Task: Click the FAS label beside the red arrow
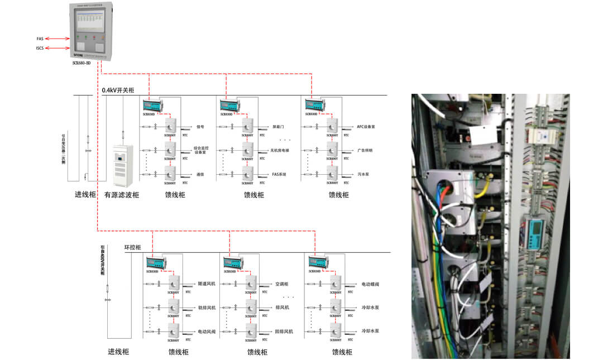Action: point(40,39)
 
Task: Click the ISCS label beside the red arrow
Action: point(40,49)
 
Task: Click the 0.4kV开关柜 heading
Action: point(118,90)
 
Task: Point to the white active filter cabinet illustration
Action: point(122,166)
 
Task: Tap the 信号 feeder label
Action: point(200,127)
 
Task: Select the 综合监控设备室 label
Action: point(200,151)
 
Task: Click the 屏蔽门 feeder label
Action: point(278,127)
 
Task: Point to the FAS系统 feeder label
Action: point(279,175)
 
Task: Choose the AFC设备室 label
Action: point(366,127)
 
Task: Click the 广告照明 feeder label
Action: point(365,151)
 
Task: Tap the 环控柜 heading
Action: point(132,247)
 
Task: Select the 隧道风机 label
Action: point(207,284)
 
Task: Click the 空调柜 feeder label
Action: point(281,284)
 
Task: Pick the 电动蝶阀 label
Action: point(371,284)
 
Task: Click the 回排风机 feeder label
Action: point(284,332)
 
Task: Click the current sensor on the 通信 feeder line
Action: point(170,174)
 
